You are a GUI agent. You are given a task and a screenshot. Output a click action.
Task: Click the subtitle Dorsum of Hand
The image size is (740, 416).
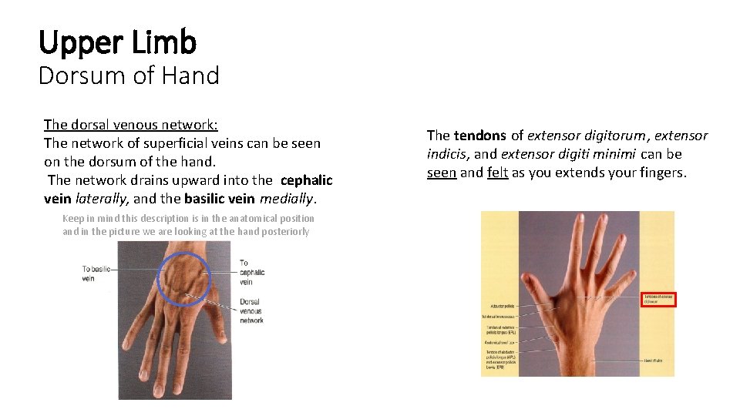(x=129, y=75)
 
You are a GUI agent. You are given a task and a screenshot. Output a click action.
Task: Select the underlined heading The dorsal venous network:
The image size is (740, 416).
(x=136, y=124)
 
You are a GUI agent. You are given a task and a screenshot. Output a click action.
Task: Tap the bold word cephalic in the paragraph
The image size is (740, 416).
(x=306, y=180)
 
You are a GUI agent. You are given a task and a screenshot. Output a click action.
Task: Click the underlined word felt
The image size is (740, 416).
(x=497, y=173)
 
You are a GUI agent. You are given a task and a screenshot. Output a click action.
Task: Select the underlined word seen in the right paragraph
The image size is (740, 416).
(x=441, y=173)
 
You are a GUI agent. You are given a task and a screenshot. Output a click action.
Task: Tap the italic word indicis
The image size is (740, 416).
(x=446, y=154)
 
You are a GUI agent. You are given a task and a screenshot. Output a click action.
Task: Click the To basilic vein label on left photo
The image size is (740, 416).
(x=96, y=273)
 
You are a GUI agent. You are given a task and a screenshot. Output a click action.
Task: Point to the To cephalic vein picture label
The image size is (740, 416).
(x=251, y=273)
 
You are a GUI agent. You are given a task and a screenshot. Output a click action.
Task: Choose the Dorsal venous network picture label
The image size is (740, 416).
(x=251, y=310)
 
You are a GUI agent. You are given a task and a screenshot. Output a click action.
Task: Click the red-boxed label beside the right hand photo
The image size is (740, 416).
(x=658, y=299)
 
